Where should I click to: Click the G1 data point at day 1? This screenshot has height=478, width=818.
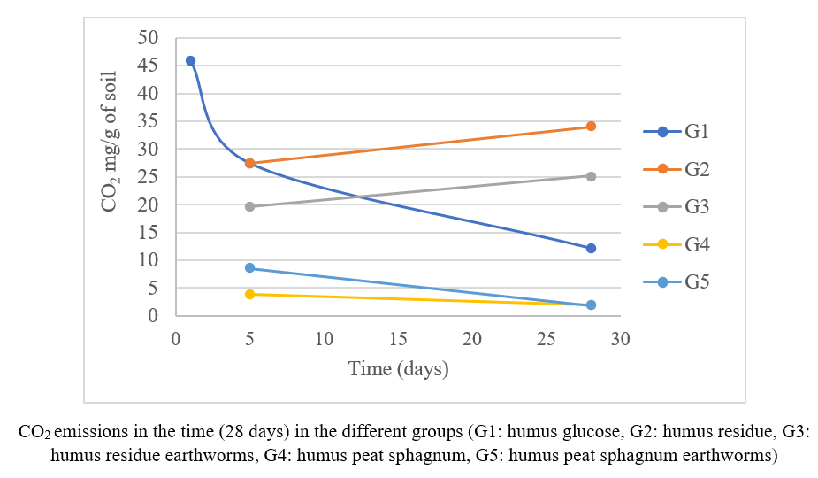[x=190, y=60]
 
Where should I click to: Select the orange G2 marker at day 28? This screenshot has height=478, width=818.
[x=591, y=127]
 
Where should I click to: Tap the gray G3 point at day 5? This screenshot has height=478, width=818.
[x=249, y=206]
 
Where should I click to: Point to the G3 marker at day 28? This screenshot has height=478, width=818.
[x=591, y=176]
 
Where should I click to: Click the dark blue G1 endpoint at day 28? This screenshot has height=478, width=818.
[x=591, y=248]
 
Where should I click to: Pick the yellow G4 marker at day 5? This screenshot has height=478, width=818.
[x=249, y=294]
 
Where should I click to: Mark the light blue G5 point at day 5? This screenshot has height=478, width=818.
[x=249, y=267]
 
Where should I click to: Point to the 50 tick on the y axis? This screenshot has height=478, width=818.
[x=148, y=37]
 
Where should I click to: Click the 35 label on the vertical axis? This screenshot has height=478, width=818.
[x=148, y=120]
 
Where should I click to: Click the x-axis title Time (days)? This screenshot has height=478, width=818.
[x=398, y=368]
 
